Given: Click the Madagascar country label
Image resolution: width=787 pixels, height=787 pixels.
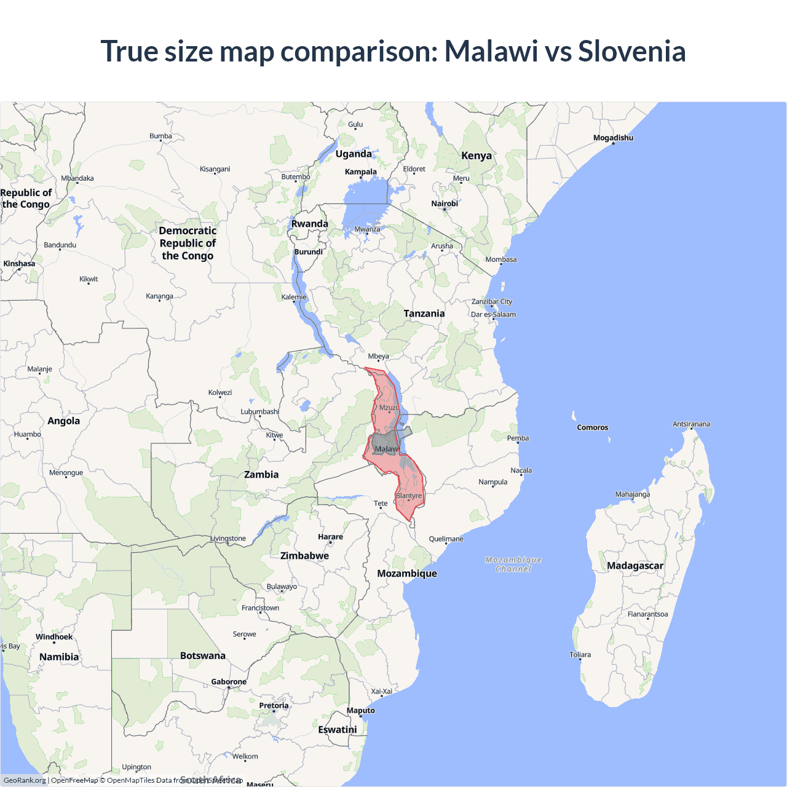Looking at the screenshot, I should coord(635,566).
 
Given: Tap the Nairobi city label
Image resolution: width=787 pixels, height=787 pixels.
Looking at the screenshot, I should coord(445,204).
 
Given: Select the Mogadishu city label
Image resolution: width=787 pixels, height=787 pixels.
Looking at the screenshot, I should coord(613,138).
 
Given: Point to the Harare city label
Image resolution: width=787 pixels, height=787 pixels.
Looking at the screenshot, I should coord(330,537).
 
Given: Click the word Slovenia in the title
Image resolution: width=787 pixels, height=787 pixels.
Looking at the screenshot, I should coord(631,51).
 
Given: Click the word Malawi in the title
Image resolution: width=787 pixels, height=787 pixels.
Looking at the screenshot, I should coord(491,51).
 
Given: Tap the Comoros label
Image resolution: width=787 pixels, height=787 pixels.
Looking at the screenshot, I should coord(592,427).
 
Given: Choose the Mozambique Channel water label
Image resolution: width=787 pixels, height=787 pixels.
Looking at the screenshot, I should coord(513,564).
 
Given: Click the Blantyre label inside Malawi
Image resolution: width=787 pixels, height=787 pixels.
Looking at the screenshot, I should coord(409,496).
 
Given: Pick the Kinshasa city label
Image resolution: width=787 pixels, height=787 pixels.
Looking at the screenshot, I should coord(19,264).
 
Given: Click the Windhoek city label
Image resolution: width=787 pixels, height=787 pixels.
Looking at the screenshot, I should coord(54,637).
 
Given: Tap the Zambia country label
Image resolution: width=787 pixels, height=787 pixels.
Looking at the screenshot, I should coord(261,475).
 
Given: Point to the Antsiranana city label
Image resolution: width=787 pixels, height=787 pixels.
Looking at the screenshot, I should coord(691,424).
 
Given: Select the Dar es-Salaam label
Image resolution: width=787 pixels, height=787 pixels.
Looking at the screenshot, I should coord(493,314).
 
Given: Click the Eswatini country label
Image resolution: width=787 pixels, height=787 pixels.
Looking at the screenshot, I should coord(338,730).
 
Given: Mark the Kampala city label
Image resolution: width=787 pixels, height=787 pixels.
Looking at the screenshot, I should coord(361,172).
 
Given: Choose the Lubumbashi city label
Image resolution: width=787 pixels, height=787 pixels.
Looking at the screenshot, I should coord(259,411).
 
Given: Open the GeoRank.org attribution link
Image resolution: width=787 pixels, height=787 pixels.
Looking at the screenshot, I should coord(25,780).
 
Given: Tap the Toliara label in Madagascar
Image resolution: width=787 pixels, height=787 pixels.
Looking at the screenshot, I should coord(580,655).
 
